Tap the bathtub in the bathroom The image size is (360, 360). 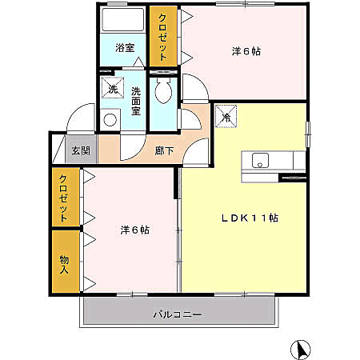pyautogui.click(x=124, y=22)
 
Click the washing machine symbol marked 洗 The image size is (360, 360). pyautogui.click(x=112, y=89)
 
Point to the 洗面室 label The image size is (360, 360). pyautogui.click(x=135, y=101)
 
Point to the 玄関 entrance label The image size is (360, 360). pyautogui.click(x=80, y=150)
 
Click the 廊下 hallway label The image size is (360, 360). pyautogui.click(x=164, y=150)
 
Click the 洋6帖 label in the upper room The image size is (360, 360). pyautogui.click(x=246, y=51)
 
